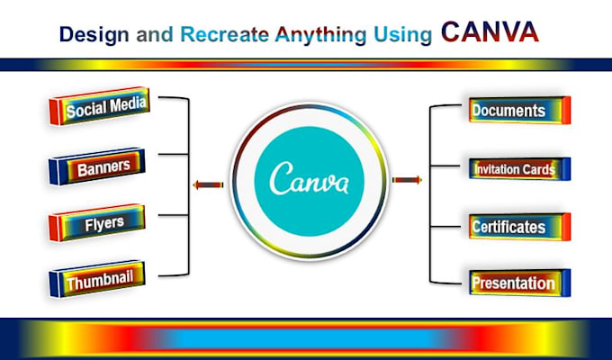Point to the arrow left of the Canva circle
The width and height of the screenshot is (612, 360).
pyautogui.click(x=208, y=185)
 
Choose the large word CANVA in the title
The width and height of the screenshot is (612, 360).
pyautogui.click(x=490, y=32)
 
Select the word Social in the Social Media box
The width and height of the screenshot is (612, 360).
pyautogui.click(x=88, y=112)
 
